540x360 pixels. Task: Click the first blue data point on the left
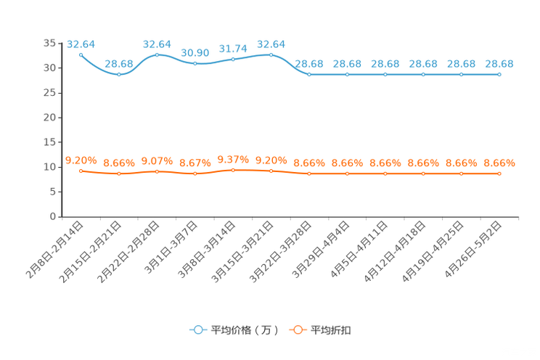[81, 54]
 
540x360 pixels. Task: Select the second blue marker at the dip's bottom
[119, 74]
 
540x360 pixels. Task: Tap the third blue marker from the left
[157, 54]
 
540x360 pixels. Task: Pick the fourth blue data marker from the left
[195, 64]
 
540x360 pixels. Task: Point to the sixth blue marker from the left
[271, 54]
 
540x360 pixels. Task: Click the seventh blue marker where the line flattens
[309, 74]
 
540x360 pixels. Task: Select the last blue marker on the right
[499, 74]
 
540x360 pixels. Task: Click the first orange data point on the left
[81, 171]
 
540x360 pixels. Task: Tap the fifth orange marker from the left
[233, 169]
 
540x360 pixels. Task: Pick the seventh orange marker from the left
[309, 173]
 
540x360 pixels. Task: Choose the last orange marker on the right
[499, 173]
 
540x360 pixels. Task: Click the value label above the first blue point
[81, 44]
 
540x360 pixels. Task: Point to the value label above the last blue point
[499, 64]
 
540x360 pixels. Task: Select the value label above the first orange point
[81, 160]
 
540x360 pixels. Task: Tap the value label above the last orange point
[499, 163]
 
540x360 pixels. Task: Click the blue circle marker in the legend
[197, 330]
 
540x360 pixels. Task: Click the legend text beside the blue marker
[245, 330]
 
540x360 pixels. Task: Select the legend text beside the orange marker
[332, 330]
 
